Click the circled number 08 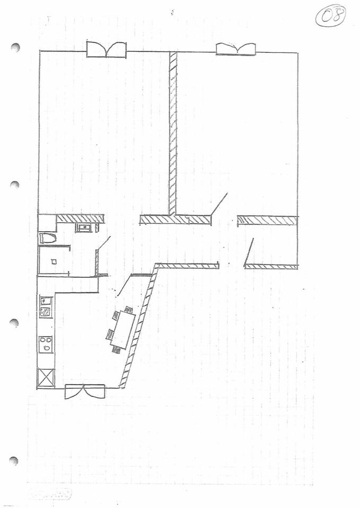tap(331, 16)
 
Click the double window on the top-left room tap(106, 50)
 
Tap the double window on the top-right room tap(236, 49)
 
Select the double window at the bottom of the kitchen tap(84, 392)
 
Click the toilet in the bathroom tap(48, 238)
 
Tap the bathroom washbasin tap(84, 228)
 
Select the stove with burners tap(46, 344)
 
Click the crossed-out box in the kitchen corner tap(46, 378)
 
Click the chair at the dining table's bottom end tap(116, 349)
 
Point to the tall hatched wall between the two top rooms tap(173, 132)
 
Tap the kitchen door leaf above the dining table tap(123, 286)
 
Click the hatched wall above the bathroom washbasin tap(79, 218)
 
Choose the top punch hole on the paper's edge tap(15, 48)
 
